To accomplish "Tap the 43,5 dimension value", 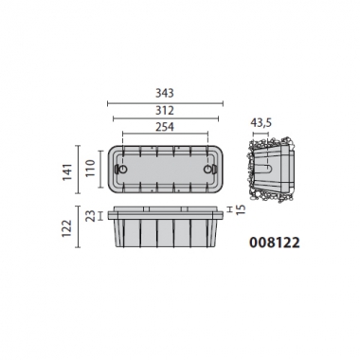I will coord(261,122).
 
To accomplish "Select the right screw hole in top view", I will coord(211,169).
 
